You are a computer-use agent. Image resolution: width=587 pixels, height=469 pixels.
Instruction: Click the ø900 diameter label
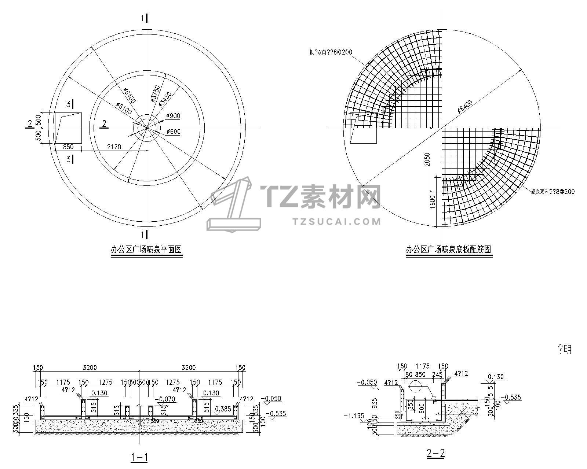173,116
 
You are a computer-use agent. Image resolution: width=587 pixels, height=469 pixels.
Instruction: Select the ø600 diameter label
173,132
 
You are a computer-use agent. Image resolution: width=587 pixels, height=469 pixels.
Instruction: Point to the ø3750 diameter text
155,93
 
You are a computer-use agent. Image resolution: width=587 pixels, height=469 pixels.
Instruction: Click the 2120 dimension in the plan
114,147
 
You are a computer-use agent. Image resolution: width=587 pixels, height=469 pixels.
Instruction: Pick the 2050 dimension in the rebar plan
427,159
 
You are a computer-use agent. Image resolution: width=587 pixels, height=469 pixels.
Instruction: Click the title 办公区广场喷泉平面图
146,250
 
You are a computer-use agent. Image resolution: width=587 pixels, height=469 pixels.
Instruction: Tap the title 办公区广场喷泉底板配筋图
448,250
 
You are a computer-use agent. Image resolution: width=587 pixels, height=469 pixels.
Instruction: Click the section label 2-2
435,454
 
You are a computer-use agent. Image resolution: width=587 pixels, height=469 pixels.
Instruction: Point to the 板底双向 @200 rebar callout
553,192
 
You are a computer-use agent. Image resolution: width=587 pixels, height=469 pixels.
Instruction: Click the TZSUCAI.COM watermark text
337,221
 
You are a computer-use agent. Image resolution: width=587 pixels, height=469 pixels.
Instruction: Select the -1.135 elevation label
354,416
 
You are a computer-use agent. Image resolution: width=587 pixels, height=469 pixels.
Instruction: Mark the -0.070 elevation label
165,399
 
